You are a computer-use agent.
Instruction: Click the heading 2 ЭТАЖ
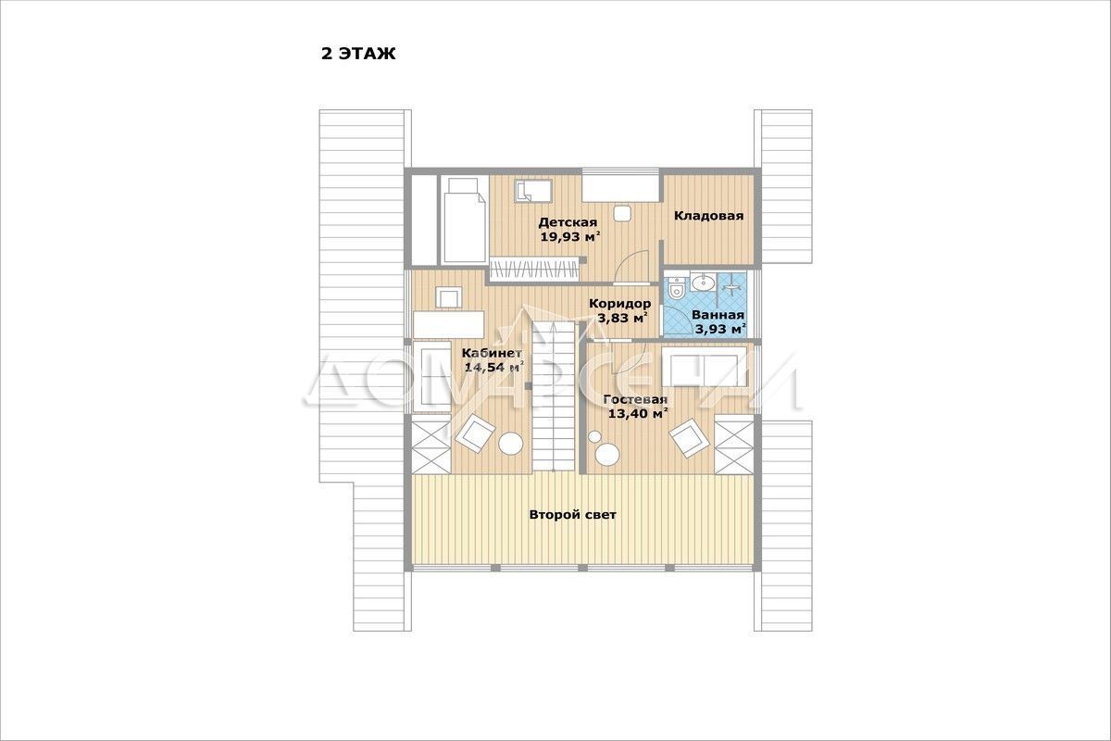[358, 54]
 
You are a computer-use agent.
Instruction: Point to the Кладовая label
[709, 216]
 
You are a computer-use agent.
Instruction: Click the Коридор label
[620, 303]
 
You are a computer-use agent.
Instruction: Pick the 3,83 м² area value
[623, 318]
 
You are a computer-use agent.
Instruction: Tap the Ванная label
[718, 315]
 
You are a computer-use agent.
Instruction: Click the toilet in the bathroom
[676, 286]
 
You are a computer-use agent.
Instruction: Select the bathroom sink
[703, 282]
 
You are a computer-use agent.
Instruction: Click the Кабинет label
[492, 353]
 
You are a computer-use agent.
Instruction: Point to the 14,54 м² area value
[494, 368]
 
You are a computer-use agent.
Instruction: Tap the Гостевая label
[635, 399]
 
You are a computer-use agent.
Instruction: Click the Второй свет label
[573, 515]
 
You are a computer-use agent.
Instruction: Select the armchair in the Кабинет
[475, 433]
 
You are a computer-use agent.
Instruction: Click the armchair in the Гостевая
[690, 438]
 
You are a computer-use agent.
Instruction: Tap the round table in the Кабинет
[511, 444]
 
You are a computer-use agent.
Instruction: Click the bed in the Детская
[464, 220]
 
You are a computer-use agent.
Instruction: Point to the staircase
[554, 396]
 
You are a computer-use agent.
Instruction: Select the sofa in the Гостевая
[705, 368]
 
